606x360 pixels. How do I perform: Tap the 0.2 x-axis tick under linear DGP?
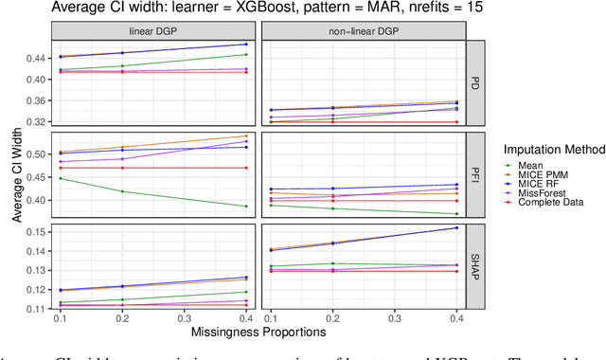tap(123, 320)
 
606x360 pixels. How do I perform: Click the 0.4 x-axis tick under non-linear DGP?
tap(457, 320)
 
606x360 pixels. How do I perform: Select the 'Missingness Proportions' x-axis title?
tap(257, 333)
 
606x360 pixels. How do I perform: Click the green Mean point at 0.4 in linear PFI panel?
tap(246, 206)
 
